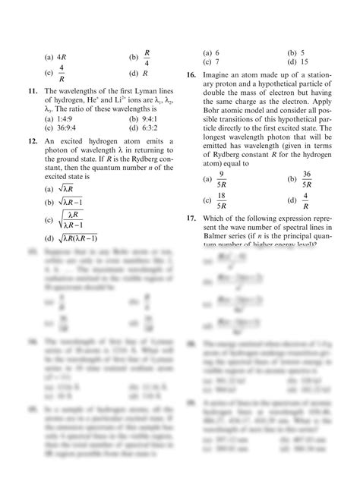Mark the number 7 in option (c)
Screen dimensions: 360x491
[x=217, y=61]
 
